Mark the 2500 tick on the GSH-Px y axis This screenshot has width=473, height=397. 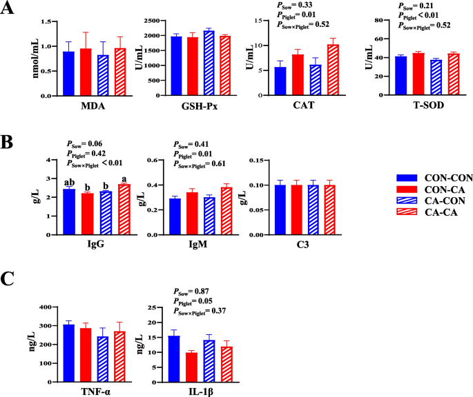[x=146, y=22]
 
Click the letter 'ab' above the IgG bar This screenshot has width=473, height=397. [x=68, y=183]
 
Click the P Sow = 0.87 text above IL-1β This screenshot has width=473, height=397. [x=186, y=292]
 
